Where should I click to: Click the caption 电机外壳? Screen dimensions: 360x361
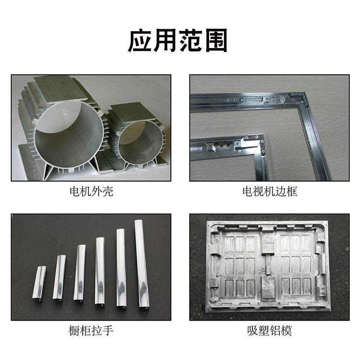(x=91, y=192)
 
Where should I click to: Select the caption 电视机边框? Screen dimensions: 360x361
(x=269, y=192)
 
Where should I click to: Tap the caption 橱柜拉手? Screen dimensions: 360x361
(x=91, y=331)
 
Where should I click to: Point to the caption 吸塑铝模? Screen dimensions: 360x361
(x=269, y=331)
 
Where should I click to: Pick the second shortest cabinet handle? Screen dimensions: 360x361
(x=60, y=279)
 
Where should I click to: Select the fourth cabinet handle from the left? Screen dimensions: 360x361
(x=100, y=270)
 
